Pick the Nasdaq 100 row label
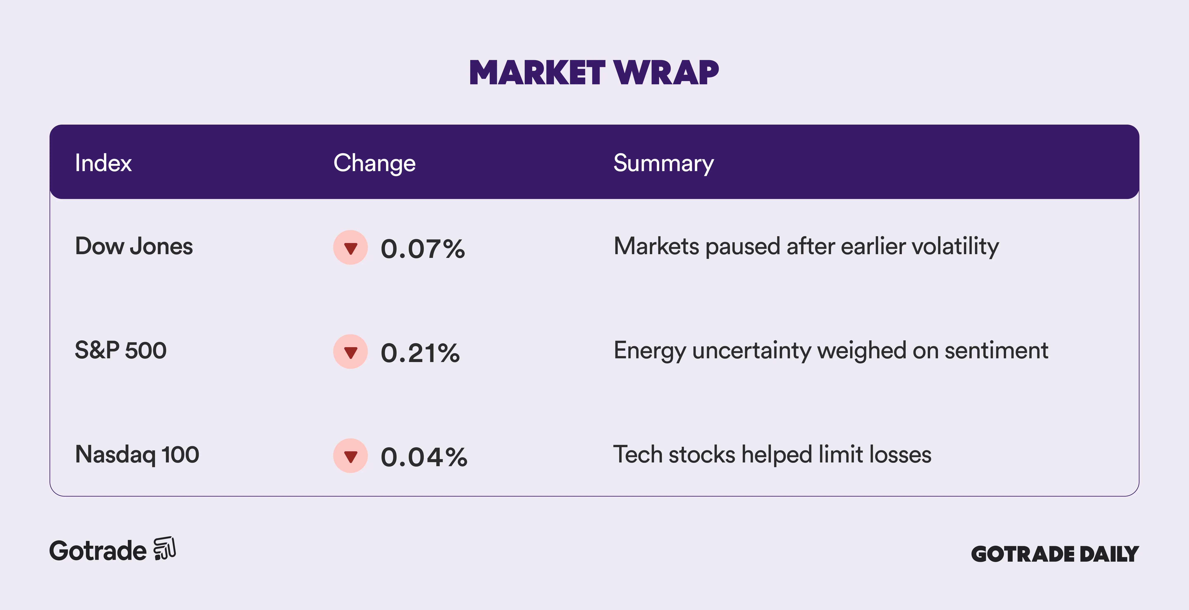(137, 454)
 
